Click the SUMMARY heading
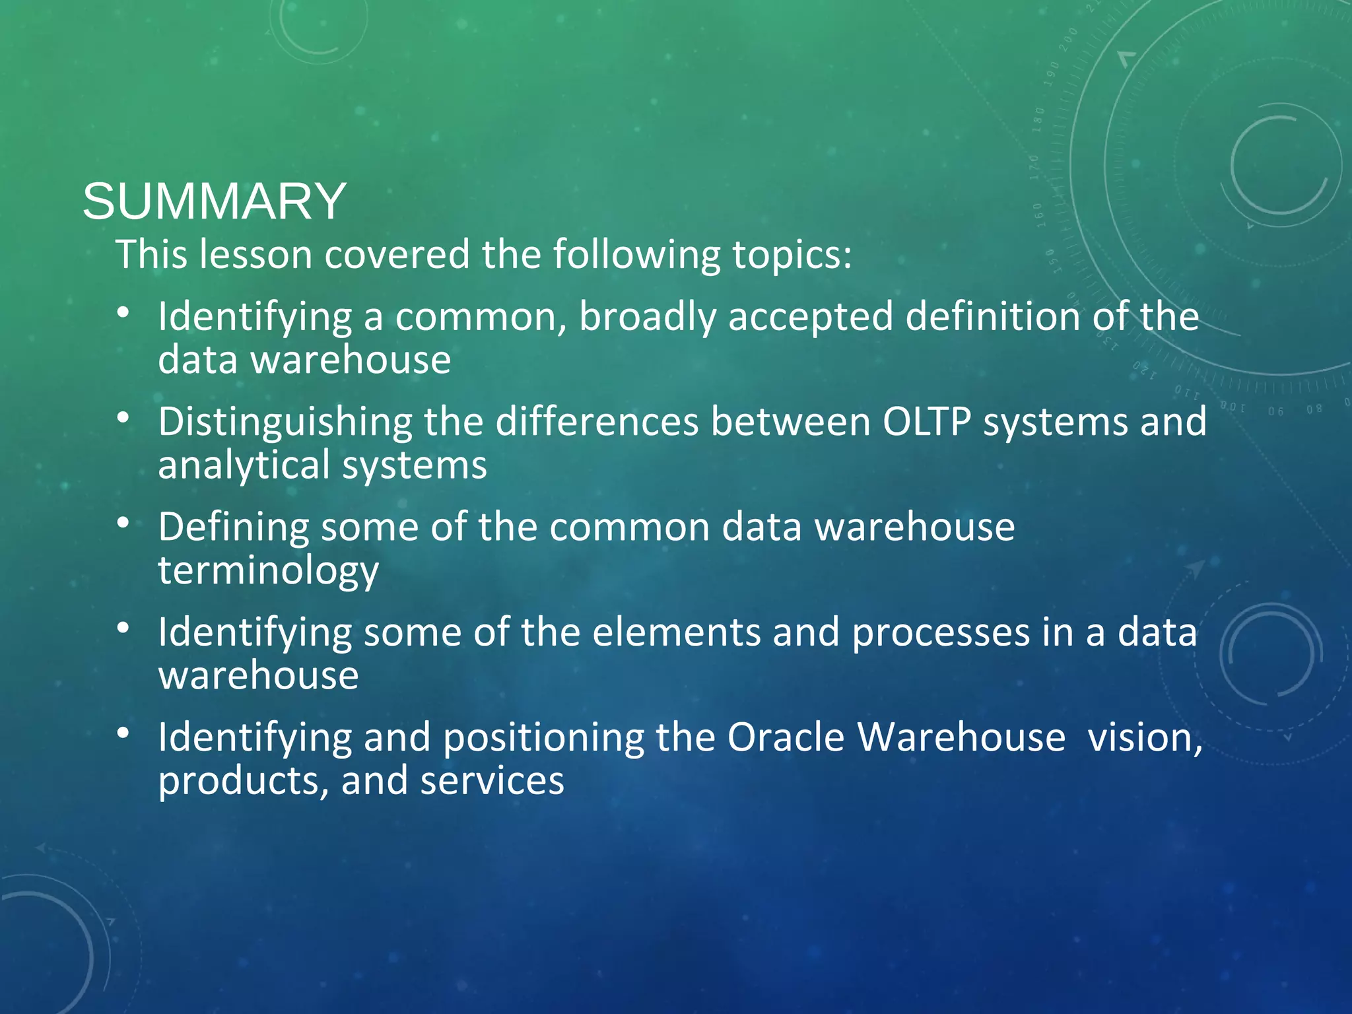214,201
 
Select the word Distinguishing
285,423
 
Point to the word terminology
268,570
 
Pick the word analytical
244,465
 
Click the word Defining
233,528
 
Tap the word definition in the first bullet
992,317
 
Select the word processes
941,632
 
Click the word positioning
543,738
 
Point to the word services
492,780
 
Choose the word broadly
647,318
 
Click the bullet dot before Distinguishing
123,417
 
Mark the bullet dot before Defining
123,522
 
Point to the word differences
597,422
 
